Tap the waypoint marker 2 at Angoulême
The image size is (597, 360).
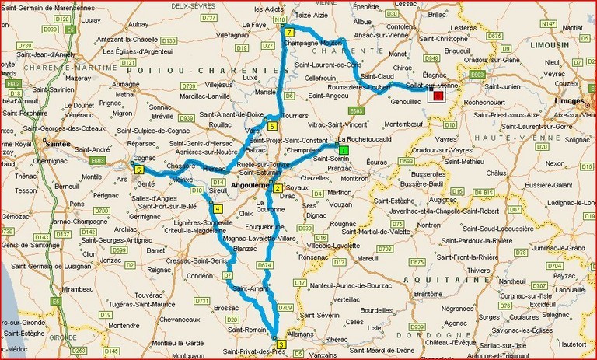click(x=277, y=188)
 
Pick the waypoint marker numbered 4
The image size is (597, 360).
click(x=218, y=208)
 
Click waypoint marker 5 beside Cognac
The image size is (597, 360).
click(x=138, y=170)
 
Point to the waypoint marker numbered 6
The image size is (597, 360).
click(x=273, y=126)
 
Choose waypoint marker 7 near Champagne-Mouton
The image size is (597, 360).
click(x=288, y=33)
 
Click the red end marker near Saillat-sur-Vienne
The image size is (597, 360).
click(x=439, y=95)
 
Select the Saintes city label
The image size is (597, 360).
click(x=59, y=145)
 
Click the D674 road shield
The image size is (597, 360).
click(x=264, y=266)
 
